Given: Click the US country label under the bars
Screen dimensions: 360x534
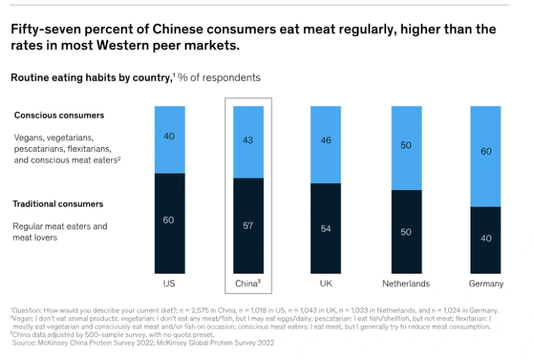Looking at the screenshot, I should coord(169,283).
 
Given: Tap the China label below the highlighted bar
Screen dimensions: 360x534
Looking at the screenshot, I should coord(247,283).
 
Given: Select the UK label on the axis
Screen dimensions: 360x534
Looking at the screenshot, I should coord(326,283).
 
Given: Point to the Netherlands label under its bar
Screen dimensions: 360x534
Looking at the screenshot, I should coord(406,283).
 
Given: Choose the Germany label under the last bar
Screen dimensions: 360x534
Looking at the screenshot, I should coord(486,283).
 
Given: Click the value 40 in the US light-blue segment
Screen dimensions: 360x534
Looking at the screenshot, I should coord(169,136).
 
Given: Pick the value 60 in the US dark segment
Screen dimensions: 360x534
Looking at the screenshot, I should coord(169,220).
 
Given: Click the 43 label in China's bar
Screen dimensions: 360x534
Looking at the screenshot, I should coord(248,140).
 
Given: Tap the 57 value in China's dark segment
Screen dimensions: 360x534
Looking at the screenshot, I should coord(248,226).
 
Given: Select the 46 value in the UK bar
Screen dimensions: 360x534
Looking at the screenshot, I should coord(326,140).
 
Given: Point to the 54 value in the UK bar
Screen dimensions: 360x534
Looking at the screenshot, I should coord(326,229).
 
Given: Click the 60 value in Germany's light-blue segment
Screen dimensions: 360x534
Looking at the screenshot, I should coord(486,151).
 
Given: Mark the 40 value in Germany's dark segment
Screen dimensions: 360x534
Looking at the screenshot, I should coord(486,238).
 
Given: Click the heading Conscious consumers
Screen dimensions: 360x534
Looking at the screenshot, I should coord(59,115).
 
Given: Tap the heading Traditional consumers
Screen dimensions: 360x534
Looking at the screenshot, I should coord(58,204).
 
